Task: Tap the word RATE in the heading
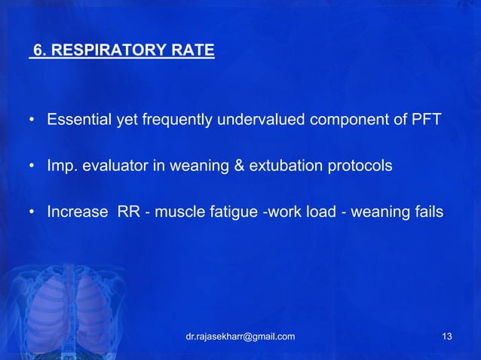click(195, 52)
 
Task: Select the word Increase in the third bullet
click(77, 212)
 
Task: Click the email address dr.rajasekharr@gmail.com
click(240, 336)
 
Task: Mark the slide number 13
click(447, 336)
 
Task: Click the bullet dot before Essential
click(32, 121)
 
